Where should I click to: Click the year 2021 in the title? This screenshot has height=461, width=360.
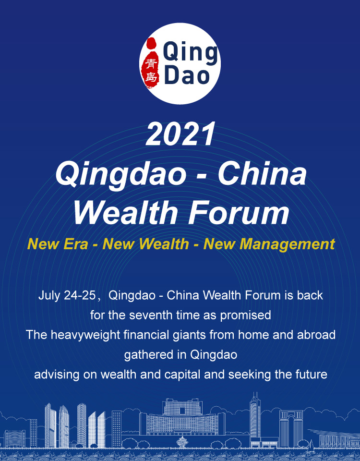(x=180, y=134)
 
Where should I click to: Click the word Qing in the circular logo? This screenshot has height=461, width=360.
(x=190, y=53)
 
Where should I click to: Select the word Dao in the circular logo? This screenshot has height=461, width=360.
(x=187, y=76)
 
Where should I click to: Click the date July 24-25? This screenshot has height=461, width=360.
(x=67, y=295)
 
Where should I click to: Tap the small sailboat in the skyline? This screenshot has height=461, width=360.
(x=310, y=446)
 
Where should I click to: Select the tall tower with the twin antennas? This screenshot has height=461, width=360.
(x=255, y=415)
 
